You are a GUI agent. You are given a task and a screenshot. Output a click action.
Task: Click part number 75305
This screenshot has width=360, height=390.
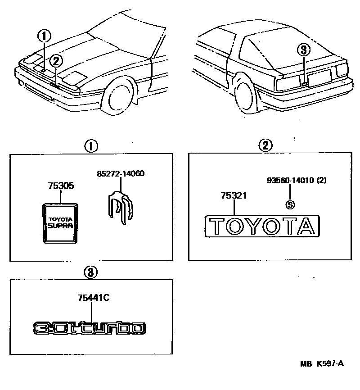tap(61, 186)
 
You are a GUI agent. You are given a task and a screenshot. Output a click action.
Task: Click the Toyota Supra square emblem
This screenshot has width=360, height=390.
tap(61, 222)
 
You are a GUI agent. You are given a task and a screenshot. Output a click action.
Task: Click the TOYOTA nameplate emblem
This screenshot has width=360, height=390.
tap(262, 226)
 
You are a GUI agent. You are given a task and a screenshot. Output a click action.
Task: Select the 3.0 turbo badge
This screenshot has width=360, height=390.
tap(90, 328)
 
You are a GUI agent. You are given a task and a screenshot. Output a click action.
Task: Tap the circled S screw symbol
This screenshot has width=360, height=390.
tap(290, 204)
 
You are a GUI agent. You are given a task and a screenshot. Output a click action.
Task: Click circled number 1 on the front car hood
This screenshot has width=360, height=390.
tap(44, 35)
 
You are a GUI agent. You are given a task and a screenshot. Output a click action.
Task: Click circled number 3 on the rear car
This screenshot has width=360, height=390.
tap(304, 50)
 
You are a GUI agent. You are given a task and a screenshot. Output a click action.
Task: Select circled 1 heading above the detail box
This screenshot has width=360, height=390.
tap(91, 146)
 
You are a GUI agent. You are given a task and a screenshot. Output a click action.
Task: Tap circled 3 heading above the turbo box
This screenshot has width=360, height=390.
tap(90, 272)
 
